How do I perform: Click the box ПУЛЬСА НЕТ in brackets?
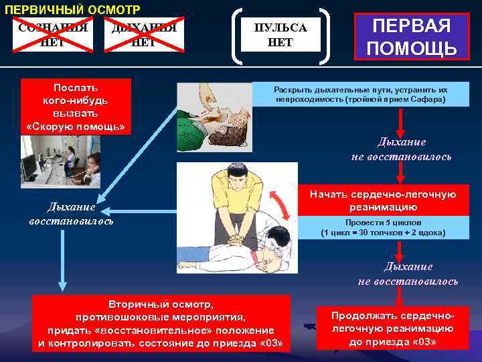pos(280,36)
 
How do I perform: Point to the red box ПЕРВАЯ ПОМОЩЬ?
pos(412,37)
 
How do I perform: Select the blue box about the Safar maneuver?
pos(361,95)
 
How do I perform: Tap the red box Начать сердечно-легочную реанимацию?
pos(383,200)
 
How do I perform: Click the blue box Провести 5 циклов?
pos(383,228)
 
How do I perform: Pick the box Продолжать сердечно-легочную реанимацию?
pos(392,328)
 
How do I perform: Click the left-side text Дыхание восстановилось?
pos(71,214)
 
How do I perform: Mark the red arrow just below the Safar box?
pos(400,122)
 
